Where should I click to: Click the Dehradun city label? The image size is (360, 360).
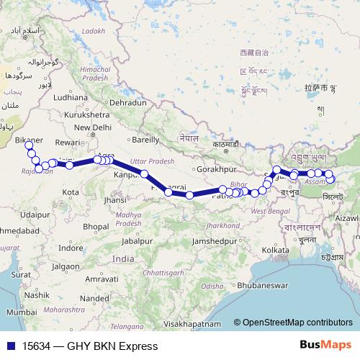tap(129, 103)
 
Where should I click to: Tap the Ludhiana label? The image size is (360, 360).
tap(69, 97)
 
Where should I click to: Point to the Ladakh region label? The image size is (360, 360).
tap(93, 31)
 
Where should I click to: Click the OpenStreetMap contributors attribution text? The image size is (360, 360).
tap(297, 323)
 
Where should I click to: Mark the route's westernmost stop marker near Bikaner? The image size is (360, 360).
tap(30, 146)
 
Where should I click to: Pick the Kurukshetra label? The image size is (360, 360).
tap(75, 114)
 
